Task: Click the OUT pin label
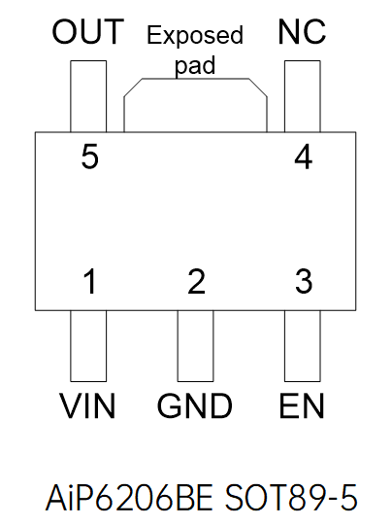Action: tap(88, 32)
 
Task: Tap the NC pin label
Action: tap(302, 32)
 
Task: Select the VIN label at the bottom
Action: tap(88, 405)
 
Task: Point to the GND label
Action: tap(196, 405)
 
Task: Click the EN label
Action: tap(302, 405)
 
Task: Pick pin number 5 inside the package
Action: tap(90, 158)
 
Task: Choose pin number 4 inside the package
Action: tap(304, 158)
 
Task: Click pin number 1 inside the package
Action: tap(90, 283)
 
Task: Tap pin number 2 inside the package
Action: tap(197, 283)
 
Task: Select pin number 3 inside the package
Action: tap(304, 283)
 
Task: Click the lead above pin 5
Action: tap(88, 94)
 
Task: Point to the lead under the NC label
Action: tap(302, 94)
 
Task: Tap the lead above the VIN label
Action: tap(88, 345)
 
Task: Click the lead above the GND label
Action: tap(196, 345)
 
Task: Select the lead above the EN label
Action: tap(302, 345)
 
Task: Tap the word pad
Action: tap(195, 66)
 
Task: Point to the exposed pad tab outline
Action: tap(195, 107)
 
